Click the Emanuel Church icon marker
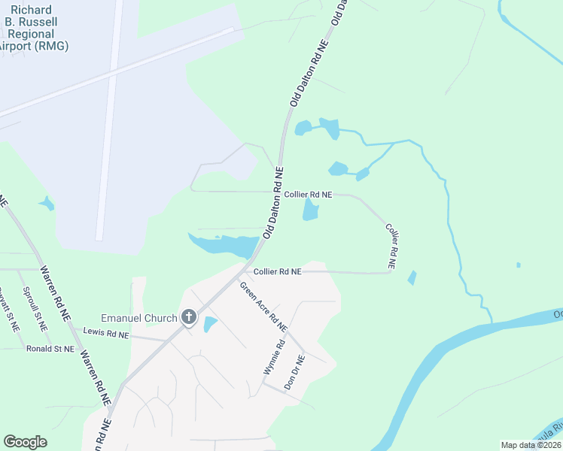pos(188,318)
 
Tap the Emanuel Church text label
pos(139,318)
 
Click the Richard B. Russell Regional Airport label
pos(33,29)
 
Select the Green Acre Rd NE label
pos(263,307)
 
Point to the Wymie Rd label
pos(273,358)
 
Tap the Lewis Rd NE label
pos(106,331)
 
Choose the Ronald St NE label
pos(50,349)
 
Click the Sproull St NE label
pos(35,309)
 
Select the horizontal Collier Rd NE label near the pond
pos(308,195)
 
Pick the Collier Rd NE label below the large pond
pos(277,271)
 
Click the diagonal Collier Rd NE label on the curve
pos(391,246)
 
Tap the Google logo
pos(25,442)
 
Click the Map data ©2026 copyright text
pos(531,445)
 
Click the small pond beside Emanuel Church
pos(210,325)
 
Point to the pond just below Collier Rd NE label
pos(311,210)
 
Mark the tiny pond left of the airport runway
pos(47,203)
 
